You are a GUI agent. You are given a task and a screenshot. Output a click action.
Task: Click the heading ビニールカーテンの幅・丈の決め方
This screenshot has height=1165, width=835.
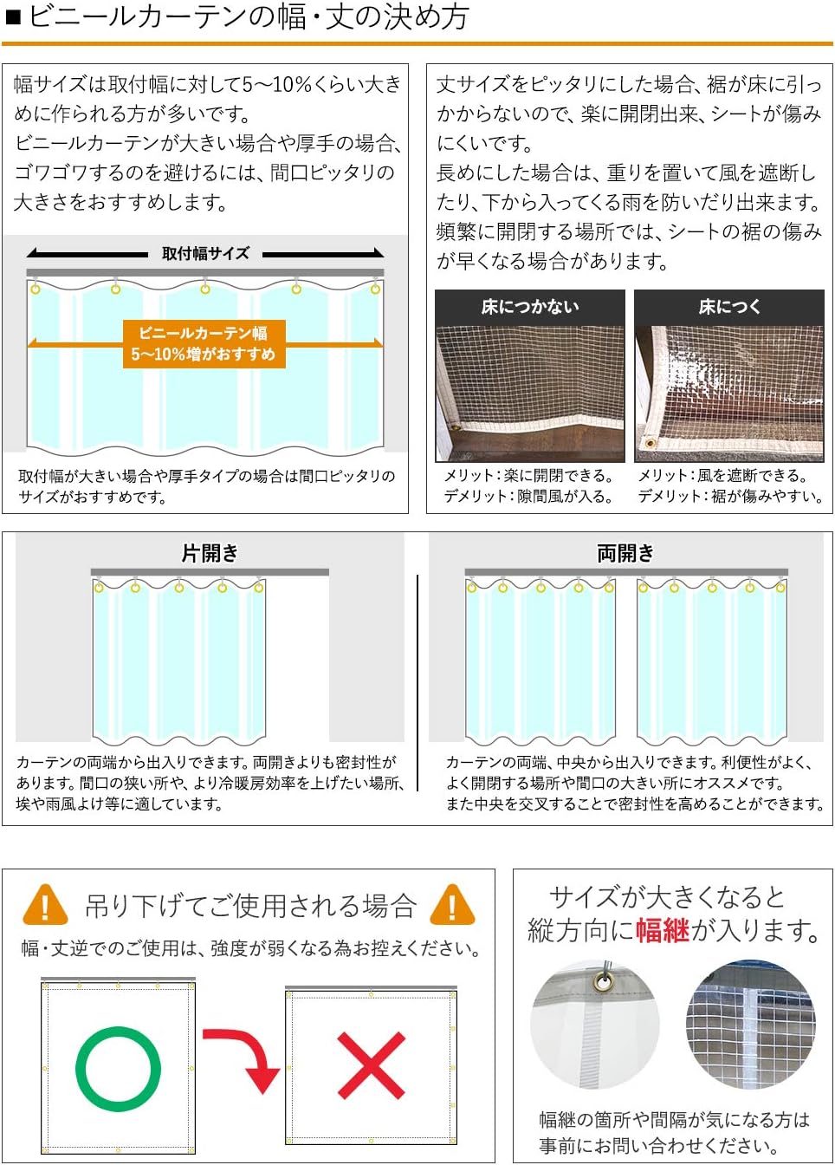pyautogui.click(x=248, y=17)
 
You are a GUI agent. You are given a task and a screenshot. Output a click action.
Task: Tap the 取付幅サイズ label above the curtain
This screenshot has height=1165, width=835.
pyautogui.click(x=205, y=253)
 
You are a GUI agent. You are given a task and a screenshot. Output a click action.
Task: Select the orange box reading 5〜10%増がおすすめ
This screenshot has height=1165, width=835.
pyautogui.click(x=204, y=344)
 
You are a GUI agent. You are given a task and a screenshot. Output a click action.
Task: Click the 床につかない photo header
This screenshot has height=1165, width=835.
pyautogui.click(x=529, y=307)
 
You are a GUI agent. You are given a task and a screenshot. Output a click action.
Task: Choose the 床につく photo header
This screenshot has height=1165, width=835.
pyautogui.click(x=728, y=307)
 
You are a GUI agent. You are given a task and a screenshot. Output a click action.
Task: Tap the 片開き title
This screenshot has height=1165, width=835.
pyautogui.click(x=210, y=553)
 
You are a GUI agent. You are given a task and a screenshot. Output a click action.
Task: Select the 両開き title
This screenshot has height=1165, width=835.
pyautogui.click(x=625, y=553)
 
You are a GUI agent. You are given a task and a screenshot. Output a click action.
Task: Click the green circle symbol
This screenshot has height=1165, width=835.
pyautogui.click(x=118, y=1069)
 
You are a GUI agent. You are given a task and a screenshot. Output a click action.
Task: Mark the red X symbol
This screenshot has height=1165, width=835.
pyautogui.click(x=371, y=1065)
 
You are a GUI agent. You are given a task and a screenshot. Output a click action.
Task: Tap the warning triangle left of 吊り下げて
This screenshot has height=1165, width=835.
pyautogui.click(x=45, y=906)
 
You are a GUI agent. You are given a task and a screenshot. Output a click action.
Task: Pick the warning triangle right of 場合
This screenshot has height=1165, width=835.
pyautogui.click(x=452, y=906)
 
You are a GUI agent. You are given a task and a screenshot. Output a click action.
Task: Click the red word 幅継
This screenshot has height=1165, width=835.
pyautogui.click(x=663, y=930)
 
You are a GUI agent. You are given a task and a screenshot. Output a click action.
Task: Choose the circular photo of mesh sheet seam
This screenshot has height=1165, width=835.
pyautogui.click(x=750, y=1025)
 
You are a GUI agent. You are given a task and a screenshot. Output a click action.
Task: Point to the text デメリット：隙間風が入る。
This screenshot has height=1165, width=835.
pyautogui.click(x=529, y=497)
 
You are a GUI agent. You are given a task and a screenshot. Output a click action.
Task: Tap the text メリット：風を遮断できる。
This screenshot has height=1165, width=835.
pyautogui.click(x=722, y=475)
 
